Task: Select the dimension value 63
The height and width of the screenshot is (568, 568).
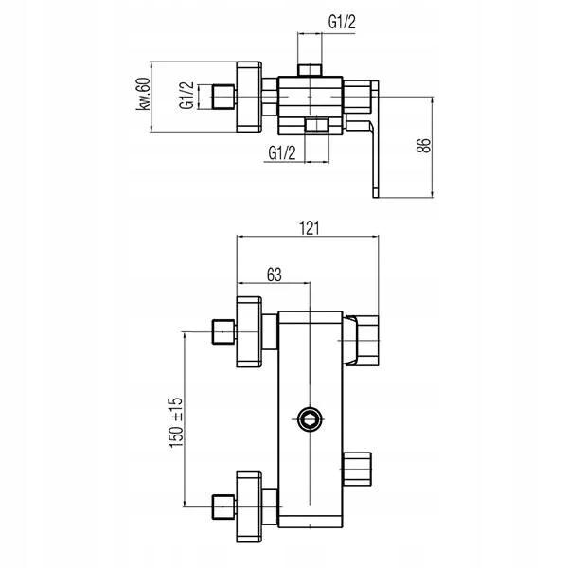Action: (275, 275)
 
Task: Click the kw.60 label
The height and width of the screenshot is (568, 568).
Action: (144, 95)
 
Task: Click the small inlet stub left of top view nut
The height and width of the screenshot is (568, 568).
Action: (222, 96)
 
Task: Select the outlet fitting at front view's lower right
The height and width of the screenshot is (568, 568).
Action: (359, 467)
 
